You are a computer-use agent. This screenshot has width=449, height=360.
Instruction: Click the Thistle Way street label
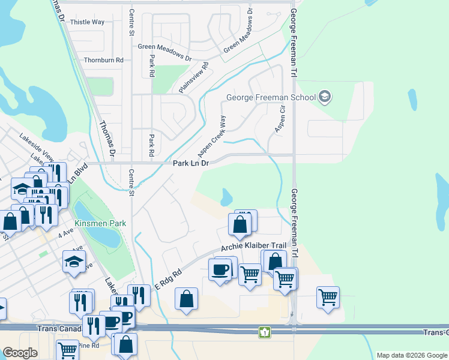click(87, 22)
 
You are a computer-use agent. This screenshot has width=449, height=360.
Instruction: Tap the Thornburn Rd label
click(103, 61)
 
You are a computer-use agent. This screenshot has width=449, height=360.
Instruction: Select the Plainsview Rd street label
click(193, 78)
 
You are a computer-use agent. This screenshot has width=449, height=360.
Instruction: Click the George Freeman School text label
click(271, 98)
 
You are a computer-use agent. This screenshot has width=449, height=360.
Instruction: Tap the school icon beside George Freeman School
click(325, 97)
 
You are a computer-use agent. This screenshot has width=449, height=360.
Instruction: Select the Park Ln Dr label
click(190, 163)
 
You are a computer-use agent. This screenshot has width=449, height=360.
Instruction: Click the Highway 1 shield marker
click(264, 331)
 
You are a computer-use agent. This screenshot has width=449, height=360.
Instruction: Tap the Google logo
click(20, 353)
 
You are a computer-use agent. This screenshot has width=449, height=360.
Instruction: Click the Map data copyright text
click(411, 355)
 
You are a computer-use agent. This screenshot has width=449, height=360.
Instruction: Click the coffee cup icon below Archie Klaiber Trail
click(220, 270)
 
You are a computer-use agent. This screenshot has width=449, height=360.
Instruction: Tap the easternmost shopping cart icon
click(328, 297)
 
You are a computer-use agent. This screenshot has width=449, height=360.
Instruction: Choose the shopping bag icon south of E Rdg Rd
click(186, 298)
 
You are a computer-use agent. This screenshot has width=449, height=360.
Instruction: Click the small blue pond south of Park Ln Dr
click(226, 196)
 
